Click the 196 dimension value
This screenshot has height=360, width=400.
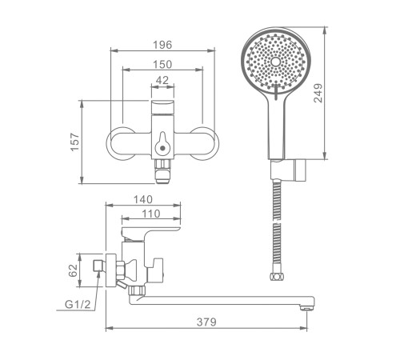(162, 45)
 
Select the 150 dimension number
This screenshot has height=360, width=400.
(162, 64)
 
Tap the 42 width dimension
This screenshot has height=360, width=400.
(162, 80)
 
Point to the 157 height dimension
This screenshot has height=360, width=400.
(75, 142)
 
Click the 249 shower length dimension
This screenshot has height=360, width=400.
(318, 93)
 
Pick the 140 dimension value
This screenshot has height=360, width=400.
(143, 199)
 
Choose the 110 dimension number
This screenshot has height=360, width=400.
(150, 214)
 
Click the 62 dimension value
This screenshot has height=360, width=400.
(73, 270)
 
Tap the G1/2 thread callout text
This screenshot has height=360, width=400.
(78, 304)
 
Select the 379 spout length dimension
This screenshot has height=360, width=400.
(206, 322)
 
